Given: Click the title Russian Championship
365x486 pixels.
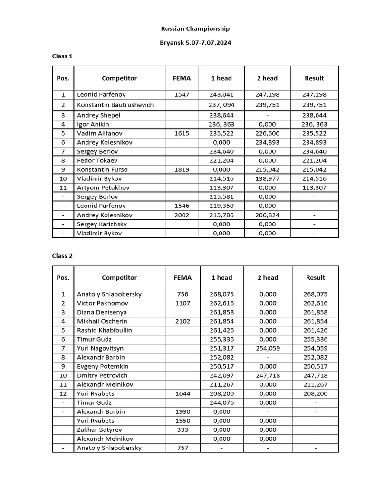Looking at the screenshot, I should point(195,29).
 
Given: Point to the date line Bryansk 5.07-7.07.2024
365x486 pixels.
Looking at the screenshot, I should point(195,43).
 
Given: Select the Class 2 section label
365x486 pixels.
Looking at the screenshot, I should point(62,256).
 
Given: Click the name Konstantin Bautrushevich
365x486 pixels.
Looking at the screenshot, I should point(115,105).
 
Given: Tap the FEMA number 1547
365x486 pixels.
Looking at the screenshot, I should point(182,94).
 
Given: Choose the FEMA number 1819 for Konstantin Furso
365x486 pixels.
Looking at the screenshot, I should point(182,169).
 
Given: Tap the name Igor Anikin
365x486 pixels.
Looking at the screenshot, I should point(93,124).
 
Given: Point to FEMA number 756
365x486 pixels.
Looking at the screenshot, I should point(182,294).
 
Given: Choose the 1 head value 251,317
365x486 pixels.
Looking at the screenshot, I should point(221,348).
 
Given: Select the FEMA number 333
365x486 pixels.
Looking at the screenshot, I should point(182,430).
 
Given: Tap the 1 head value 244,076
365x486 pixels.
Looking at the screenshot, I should point(221,402).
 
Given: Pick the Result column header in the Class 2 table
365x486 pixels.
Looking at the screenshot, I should point(315,278).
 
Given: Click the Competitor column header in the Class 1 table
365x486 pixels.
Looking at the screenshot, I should point(119,78).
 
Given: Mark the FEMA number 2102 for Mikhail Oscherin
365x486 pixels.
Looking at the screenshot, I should point(182,321).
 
